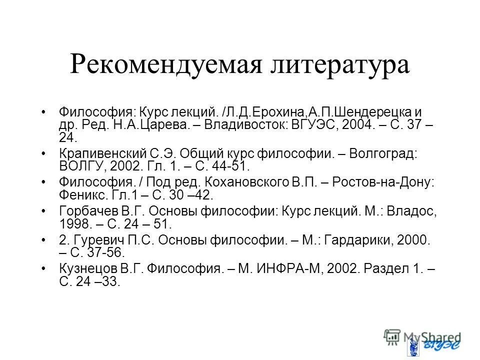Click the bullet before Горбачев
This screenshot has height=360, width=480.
tap(45, 211)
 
